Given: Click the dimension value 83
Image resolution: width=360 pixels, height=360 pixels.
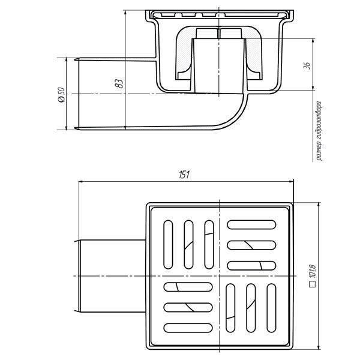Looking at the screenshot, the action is pos(119,83).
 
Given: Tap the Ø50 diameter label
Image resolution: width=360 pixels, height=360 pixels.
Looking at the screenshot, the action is pos(62,94).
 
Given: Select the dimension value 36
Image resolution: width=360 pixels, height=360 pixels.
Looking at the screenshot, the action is pos(307,65).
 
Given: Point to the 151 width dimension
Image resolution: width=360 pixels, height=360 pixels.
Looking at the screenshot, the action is pos(184,175).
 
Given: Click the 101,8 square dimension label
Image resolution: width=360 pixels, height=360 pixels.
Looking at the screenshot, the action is pos(313,271).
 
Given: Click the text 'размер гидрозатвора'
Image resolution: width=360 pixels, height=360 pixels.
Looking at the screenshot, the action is pos(319,131).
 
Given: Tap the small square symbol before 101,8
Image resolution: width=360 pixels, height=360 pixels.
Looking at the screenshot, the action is pos(313,284).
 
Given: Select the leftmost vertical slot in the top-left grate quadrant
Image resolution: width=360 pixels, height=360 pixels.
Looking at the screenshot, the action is pos(168,245).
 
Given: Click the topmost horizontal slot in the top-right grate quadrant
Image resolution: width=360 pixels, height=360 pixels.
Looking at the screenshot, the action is pos(251,224).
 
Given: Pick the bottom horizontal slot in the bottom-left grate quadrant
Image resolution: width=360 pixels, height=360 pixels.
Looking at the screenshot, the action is pos(188,328).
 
